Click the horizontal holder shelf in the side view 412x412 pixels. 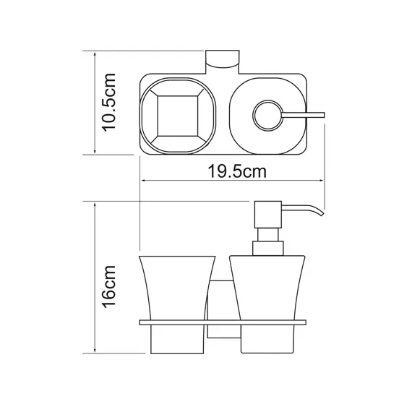(224, 319)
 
